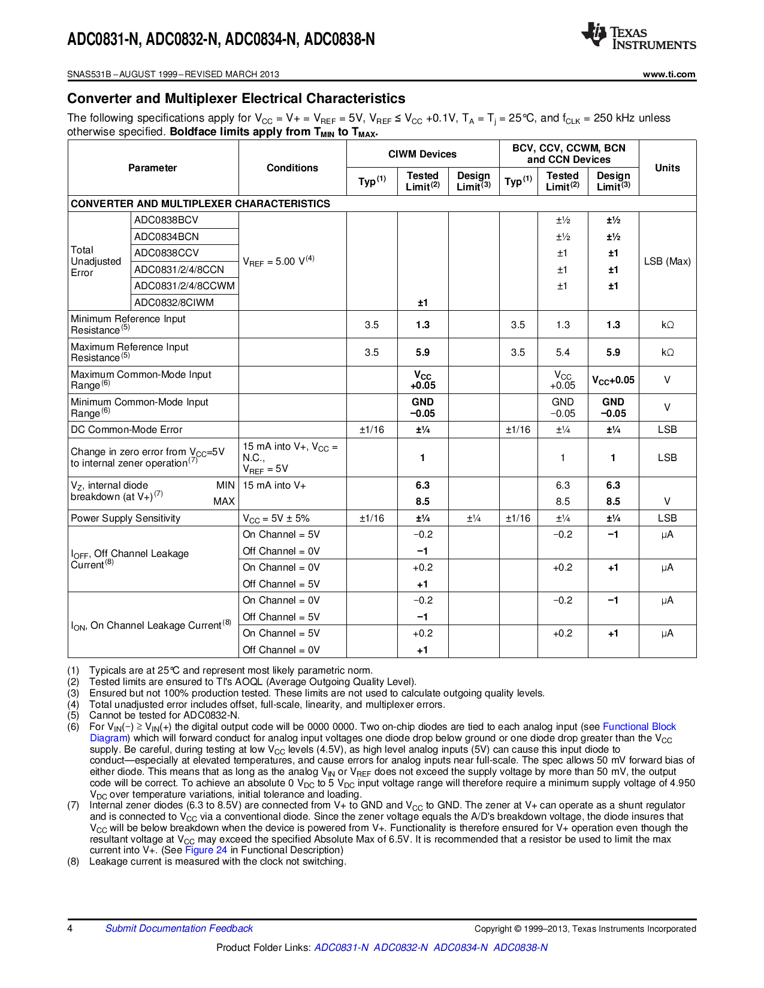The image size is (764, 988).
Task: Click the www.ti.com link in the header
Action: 669,74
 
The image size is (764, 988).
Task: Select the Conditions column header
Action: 292,168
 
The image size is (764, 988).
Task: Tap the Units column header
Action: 667,168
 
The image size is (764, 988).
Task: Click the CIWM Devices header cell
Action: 422,154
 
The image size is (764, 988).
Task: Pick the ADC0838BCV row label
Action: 166,220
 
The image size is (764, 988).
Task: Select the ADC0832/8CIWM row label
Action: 174,303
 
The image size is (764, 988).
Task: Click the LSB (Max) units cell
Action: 667,262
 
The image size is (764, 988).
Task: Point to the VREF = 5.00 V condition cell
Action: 279,262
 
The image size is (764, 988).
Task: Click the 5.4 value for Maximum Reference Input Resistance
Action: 563,353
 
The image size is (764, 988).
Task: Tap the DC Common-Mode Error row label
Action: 126,430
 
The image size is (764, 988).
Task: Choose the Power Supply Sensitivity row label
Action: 125,519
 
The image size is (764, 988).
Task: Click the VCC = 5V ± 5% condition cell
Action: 276,519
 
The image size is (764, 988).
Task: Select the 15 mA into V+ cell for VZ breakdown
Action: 274,486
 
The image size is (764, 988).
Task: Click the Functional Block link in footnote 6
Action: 639,727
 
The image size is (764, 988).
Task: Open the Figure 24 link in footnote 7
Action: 206,850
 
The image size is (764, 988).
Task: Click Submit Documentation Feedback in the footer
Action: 179,929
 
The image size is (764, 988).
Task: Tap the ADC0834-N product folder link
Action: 460,948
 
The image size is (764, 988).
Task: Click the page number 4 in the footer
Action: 70,929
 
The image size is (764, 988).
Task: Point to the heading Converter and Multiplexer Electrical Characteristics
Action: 236,99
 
